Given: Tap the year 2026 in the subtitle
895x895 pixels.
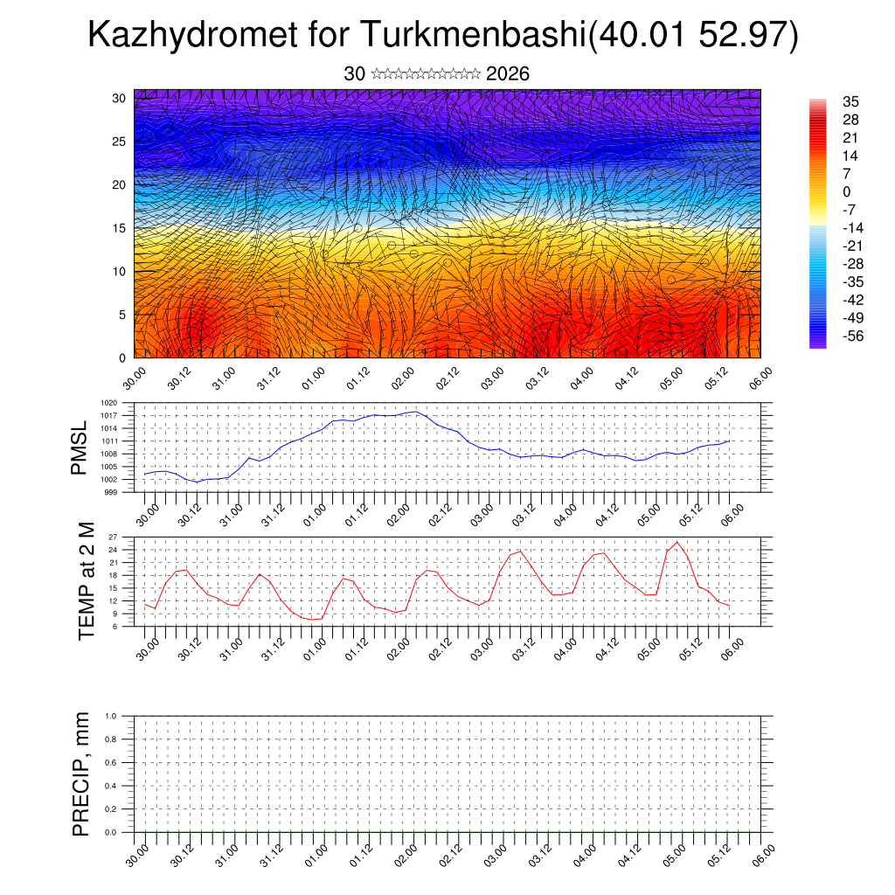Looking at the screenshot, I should tap(508, 74).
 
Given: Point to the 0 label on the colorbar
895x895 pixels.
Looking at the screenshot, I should tap(846, 191).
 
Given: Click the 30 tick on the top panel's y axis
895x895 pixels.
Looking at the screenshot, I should tap(118, 98).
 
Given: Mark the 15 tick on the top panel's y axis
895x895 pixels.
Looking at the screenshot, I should tap(118, 228).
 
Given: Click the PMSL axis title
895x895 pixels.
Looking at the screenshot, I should tap(80, 447).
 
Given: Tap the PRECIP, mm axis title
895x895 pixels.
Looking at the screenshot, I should tap(81, 774).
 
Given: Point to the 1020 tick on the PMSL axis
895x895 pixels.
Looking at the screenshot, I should tap(121, 403).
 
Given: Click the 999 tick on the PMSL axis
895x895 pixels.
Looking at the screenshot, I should tap(123, 492).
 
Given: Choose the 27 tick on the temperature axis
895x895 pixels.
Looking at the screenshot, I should tap(125, 537).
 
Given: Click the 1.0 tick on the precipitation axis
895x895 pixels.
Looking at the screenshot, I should tap(123, 716).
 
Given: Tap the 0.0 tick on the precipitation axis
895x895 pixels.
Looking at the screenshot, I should tap(123, 833).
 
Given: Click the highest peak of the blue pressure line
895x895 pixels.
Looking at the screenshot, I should tap(415, 411).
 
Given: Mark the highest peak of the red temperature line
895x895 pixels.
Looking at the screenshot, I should tap(677, 542).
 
